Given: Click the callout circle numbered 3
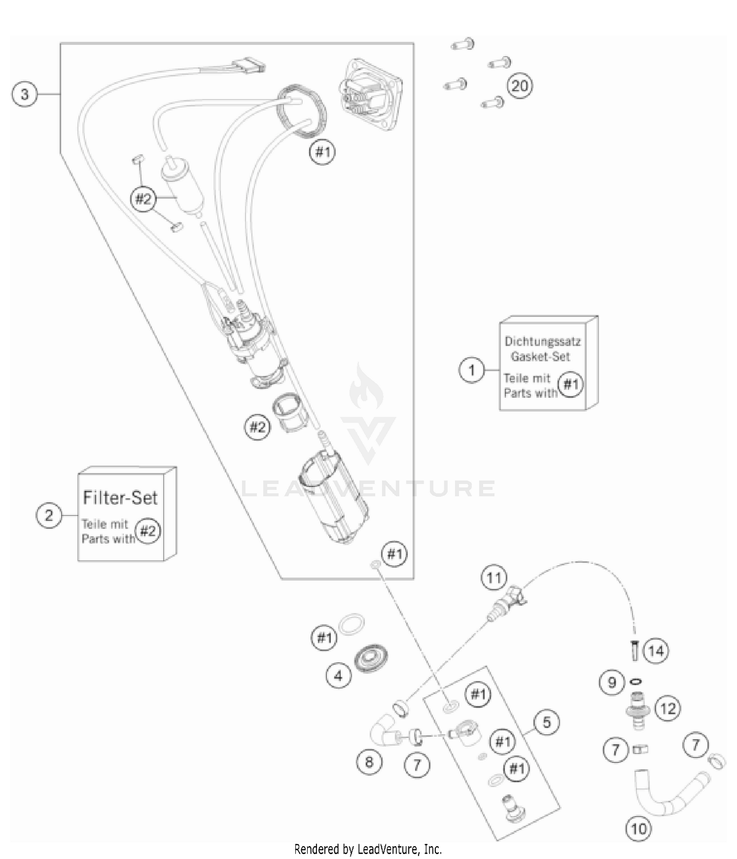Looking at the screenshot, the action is click(25, 93).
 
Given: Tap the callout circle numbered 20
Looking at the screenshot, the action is click(519, 86).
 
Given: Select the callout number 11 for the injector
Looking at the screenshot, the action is click(494, 578).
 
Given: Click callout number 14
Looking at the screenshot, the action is click(656, 651).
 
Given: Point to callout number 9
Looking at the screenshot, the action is click(612, 682).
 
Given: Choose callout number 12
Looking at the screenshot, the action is click(668, 708).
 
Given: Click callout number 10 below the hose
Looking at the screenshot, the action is click(638, 829).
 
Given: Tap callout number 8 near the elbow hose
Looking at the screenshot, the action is click(369, 762).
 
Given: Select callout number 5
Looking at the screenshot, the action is click(546, 722).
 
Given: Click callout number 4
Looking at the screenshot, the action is click(339, 676).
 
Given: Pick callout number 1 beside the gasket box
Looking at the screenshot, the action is click(472, 369).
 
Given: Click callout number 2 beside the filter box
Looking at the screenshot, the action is click(49, 515).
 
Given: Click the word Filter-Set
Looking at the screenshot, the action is click(120, 498).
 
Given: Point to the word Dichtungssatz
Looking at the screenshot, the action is click(542, 341).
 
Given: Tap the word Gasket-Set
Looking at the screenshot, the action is click(540, 356).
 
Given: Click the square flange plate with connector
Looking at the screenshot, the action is click(370, 94).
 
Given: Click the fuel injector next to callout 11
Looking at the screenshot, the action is click(506, 601).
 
